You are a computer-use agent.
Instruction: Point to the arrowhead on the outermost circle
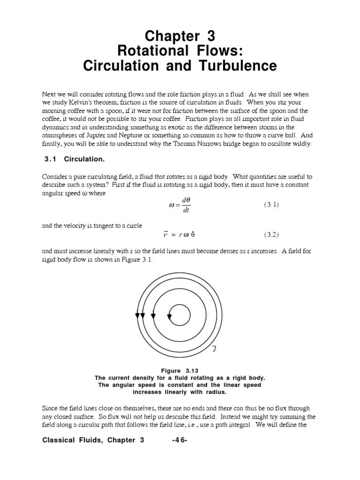(x=137, y=316)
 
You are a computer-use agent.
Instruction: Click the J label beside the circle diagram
(x=214, y=348)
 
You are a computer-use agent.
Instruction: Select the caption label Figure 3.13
(x=180, y=370)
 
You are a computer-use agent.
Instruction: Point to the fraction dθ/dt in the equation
(x=186, y=205)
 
